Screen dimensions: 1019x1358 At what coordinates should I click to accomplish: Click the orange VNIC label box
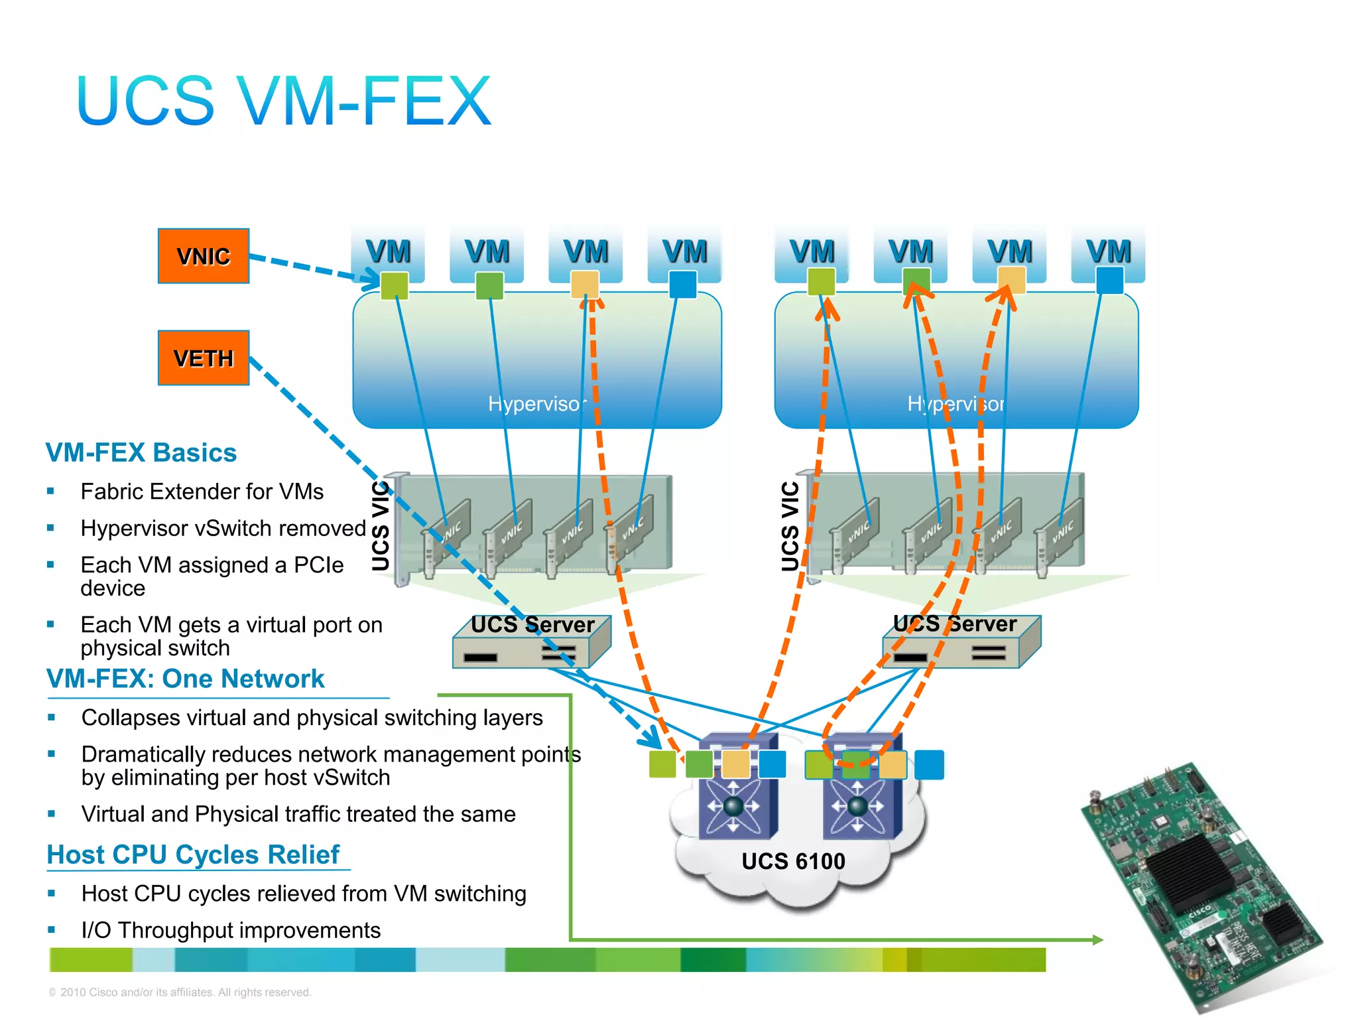point(204,256)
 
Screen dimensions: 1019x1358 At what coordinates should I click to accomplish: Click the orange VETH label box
point(204,358)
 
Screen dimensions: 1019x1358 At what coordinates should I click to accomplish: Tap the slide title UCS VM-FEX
point(284,101)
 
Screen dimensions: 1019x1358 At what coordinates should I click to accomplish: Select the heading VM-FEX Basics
point(141,452)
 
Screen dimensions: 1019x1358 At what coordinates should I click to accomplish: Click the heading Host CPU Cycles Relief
point(193,854)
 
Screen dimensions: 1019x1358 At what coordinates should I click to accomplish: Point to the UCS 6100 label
point(793,861)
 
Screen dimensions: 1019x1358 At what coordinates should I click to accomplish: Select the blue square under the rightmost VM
point(1109,281)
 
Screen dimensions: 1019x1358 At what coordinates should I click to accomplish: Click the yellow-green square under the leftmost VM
point(395,285)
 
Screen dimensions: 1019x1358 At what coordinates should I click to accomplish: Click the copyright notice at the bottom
point(180,992)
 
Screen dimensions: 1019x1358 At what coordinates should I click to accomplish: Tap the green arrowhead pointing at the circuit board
point(1097,939)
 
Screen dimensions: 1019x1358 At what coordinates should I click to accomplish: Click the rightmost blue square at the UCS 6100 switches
point(929,765)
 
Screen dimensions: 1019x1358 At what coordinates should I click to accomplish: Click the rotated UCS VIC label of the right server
point(790,525)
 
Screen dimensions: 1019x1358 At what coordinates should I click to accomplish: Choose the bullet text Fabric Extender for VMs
point(202,492)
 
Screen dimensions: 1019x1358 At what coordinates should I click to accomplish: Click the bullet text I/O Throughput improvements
point(231,930)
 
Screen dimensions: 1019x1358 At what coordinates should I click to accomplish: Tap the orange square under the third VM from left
point(585,285)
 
